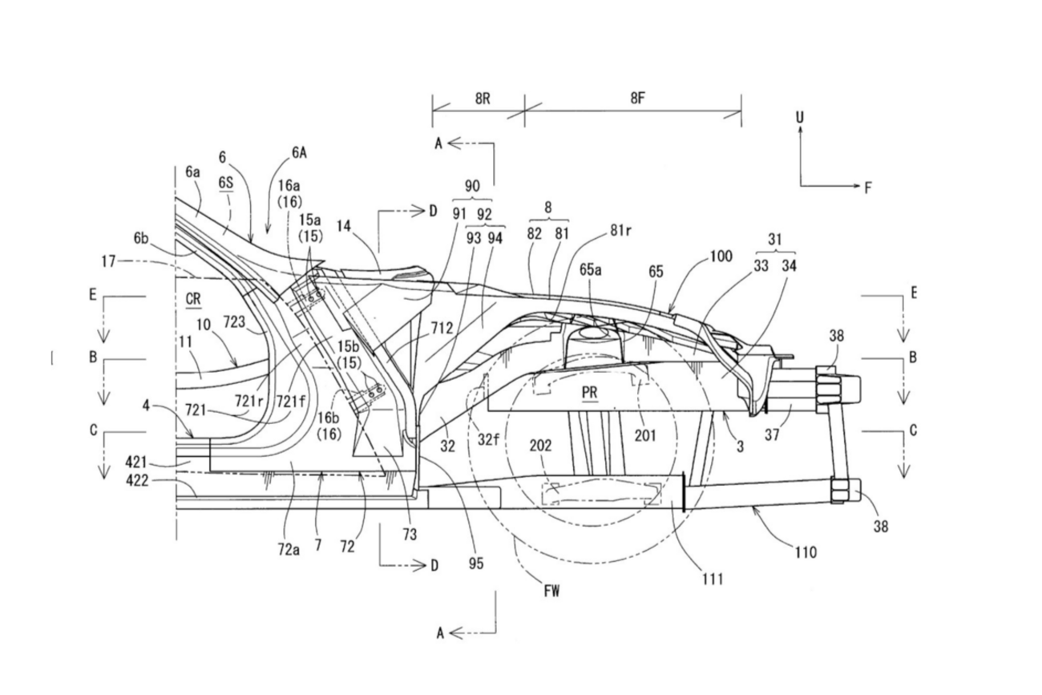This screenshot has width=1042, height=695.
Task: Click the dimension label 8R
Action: [x=483, y=99]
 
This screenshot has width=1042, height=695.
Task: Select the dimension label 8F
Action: [x=638, y=99]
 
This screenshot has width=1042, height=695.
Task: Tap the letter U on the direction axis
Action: [x=800, y=118]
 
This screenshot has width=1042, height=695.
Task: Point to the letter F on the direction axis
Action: [x=867, y=188]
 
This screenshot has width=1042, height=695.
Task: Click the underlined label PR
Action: [x=589, y=393]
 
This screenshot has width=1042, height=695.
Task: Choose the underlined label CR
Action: [x=193, y=299]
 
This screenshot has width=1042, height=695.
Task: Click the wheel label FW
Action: [x=551, y=592]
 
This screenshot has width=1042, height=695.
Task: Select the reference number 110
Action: [x=806, y=552]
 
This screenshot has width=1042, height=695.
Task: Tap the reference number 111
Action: [x=713, y=579]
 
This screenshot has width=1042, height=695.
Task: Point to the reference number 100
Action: [x=721, y=257]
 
